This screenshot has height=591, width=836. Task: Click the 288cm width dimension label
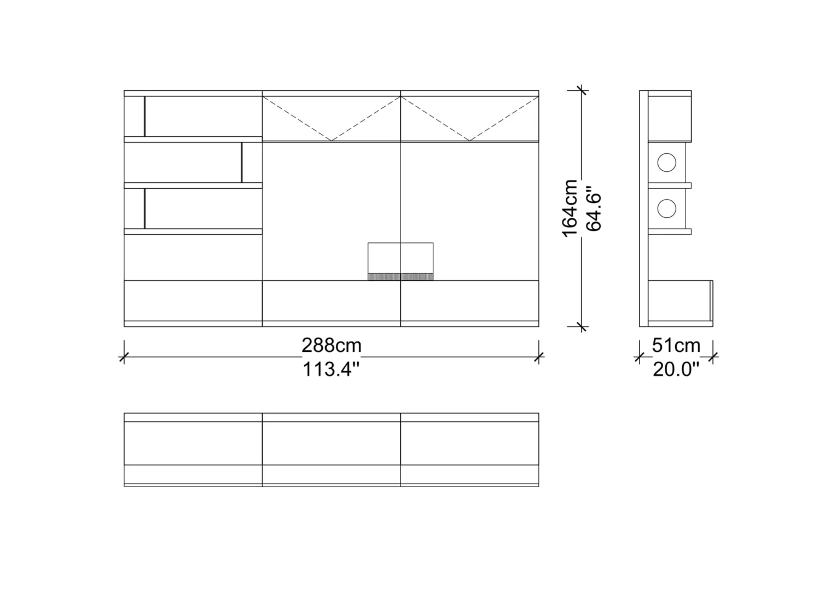[x=332, y=345]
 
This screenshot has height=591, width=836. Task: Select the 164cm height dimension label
[x=570, y=208]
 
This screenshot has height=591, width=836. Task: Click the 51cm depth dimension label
[x=676, y=345]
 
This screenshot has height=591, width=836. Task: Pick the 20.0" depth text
[x=676, y=369]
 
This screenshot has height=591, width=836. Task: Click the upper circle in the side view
[x=666, y=163]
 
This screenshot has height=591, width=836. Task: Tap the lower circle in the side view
[x=666, y=208]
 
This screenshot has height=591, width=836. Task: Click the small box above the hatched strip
[x=400, y=258]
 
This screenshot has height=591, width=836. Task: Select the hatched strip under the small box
[x=400, y=277]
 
